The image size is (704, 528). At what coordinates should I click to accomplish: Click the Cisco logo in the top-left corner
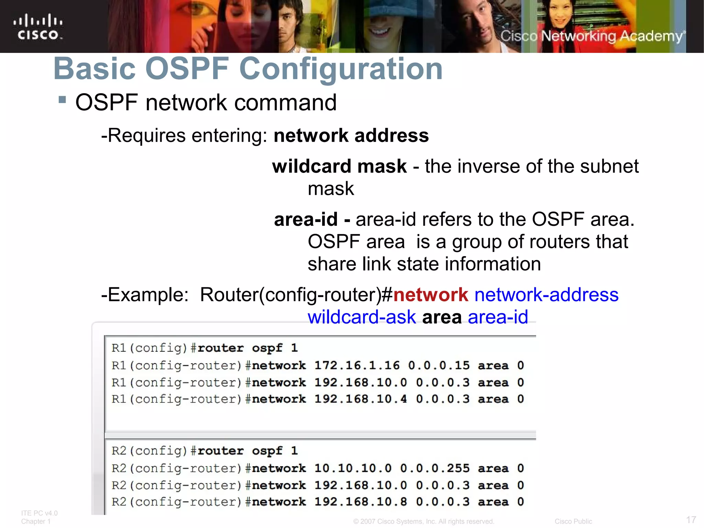(x=38, y=27)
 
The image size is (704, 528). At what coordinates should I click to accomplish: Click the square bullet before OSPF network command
(x=62, y=100)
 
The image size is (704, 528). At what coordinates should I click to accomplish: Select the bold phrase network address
(x=351, y=135)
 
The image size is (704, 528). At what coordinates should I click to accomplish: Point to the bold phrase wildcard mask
(x=339, y=166)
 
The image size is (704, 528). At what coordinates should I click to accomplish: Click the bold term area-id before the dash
(x=306, y=219)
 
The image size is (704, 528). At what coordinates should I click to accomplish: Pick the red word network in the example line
(x=430, y=295)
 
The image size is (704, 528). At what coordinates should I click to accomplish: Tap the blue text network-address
(x=546, y=295)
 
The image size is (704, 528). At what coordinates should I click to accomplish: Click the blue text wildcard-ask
(x=362, y=317)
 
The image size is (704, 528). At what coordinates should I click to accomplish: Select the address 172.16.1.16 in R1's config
(x=357, y=365)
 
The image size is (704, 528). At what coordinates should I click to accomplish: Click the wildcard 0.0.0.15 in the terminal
(x=439, y=365)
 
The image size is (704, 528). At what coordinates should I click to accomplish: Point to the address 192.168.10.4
(x=361, y=399)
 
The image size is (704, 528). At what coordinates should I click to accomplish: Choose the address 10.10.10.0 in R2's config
(x=353, y=468)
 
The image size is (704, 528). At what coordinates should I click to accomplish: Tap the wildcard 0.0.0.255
(x=435, y=468)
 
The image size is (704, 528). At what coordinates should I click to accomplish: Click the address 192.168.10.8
(x=361, y=502)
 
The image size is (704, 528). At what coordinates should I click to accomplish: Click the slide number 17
(x=691, y=519)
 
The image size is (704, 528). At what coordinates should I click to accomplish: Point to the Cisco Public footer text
(x=573, y=521)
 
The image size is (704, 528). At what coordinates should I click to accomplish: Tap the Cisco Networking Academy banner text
(x=592, y=36)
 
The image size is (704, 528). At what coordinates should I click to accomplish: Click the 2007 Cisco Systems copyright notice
(x=423, y=521)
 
